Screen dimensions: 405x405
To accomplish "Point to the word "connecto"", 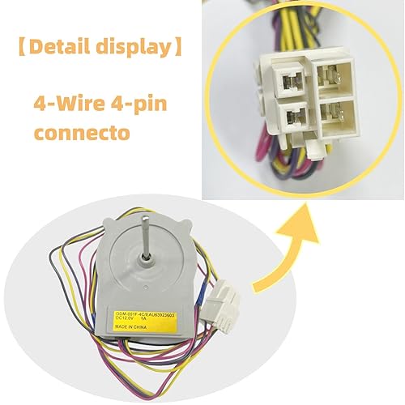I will (x=82, y=131).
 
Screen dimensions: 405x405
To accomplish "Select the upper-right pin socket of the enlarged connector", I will (x=333, y=73).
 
